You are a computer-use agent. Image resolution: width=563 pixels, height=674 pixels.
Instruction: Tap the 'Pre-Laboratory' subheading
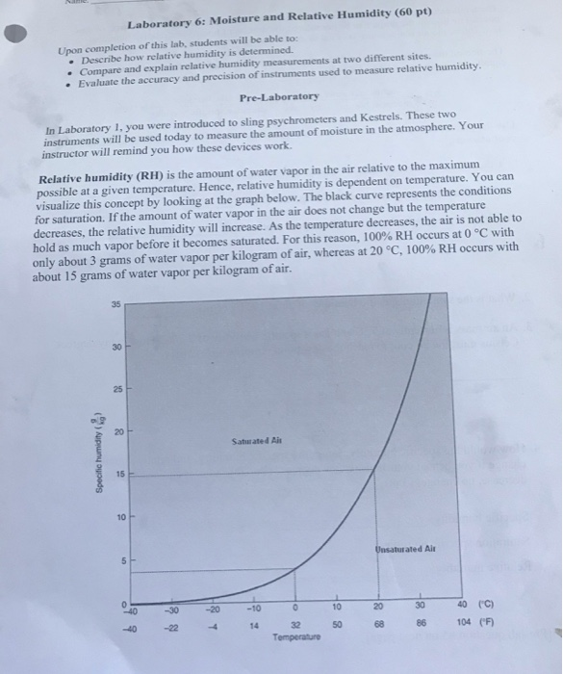[280, 98]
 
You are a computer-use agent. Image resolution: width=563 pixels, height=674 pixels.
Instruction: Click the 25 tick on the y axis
[115, 390]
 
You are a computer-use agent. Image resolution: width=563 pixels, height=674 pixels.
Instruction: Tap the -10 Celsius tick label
[254, 607]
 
